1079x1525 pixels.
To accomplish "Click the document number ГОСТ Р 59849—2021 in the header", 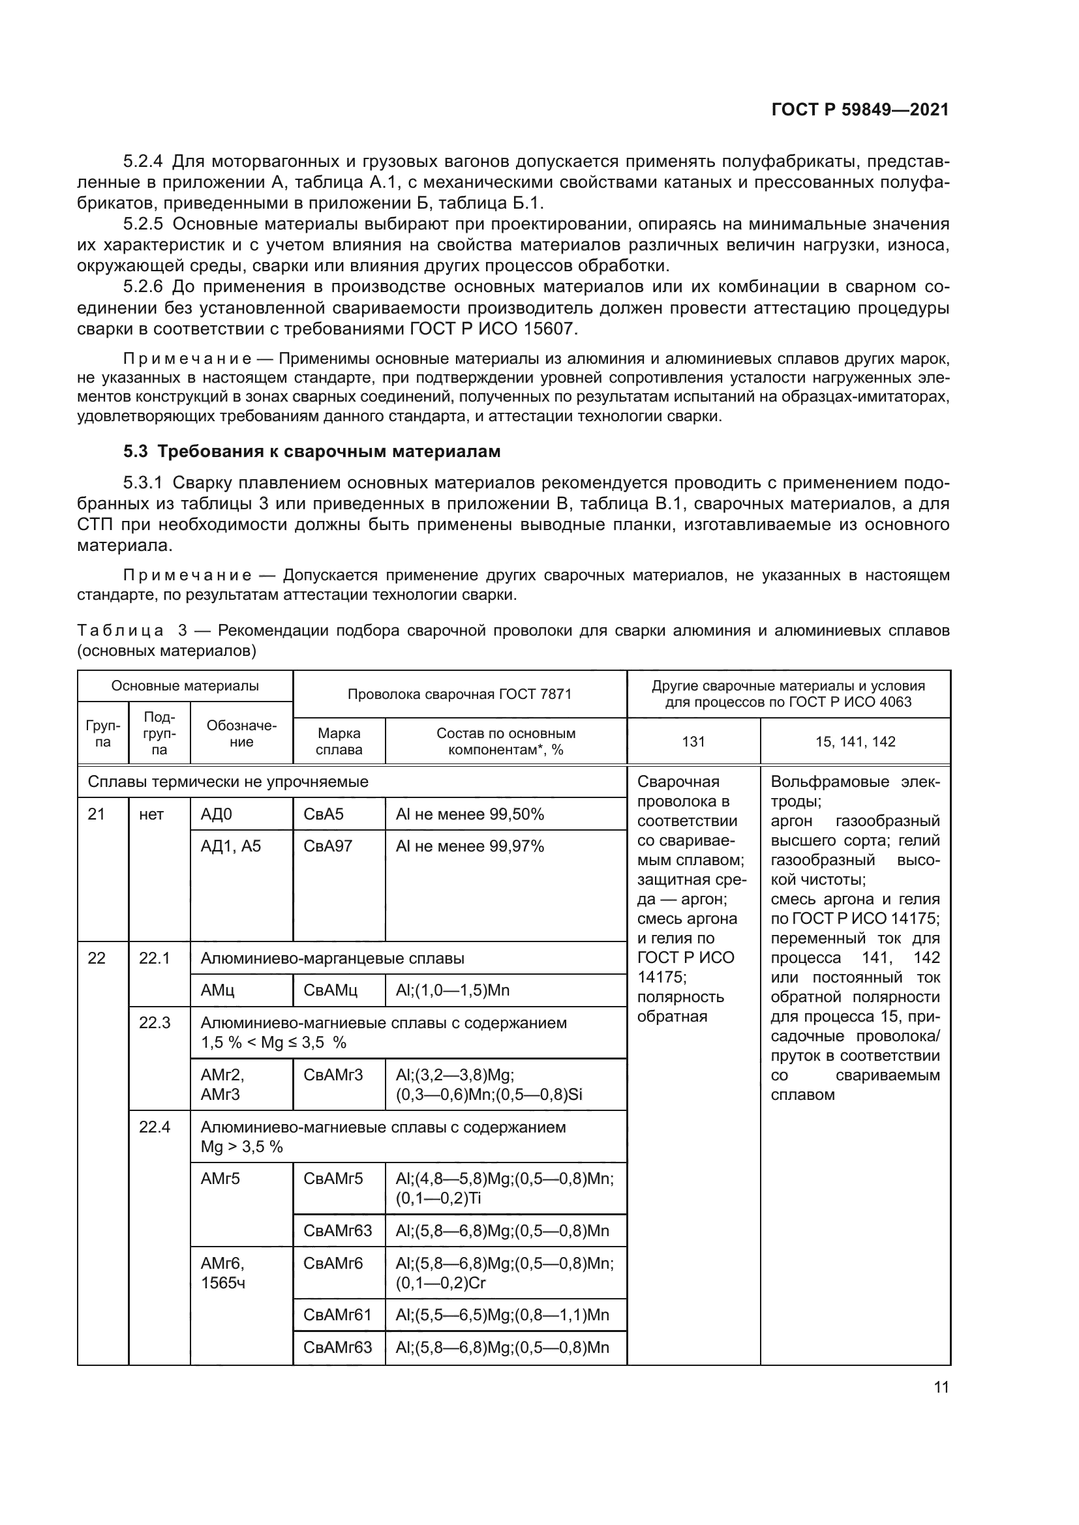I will [860, 110].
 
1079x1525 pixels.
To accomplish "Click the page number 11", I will [941, 1387].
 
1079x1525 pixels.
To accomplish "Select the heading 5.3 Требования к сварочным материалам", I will [312, 452].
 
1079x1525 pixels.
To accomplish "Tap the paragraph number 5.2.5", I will [144, 224].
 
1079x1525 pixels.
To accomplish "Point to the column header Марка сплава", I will [339, 741].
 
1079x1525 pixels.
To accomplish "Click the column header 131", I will [693, 741].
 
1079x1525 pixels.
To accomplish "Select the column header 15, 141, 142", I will [855, 741].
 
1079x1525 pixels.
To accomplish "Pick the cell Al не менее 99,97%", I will [470, 846].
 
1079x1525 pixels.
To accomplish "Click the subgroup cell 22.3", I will [155, 1022].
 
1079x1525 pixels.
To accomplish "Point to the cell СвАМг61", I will [337, 1314].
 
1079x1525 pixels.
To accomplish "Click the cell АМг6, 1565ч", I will [223, 1273].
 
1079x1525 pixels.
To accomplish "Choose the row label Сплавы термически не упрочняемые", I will [228, 782].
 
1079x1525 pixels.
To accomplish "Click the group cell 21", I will [97, 814].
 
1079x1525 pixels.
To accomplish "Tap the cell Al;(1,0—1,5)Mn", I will [453, 990].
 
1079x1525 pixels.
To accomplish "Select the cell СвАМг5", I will [333, 1178].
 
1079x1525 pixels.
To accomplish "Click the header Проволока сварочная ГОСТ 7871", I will [459, 694].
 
